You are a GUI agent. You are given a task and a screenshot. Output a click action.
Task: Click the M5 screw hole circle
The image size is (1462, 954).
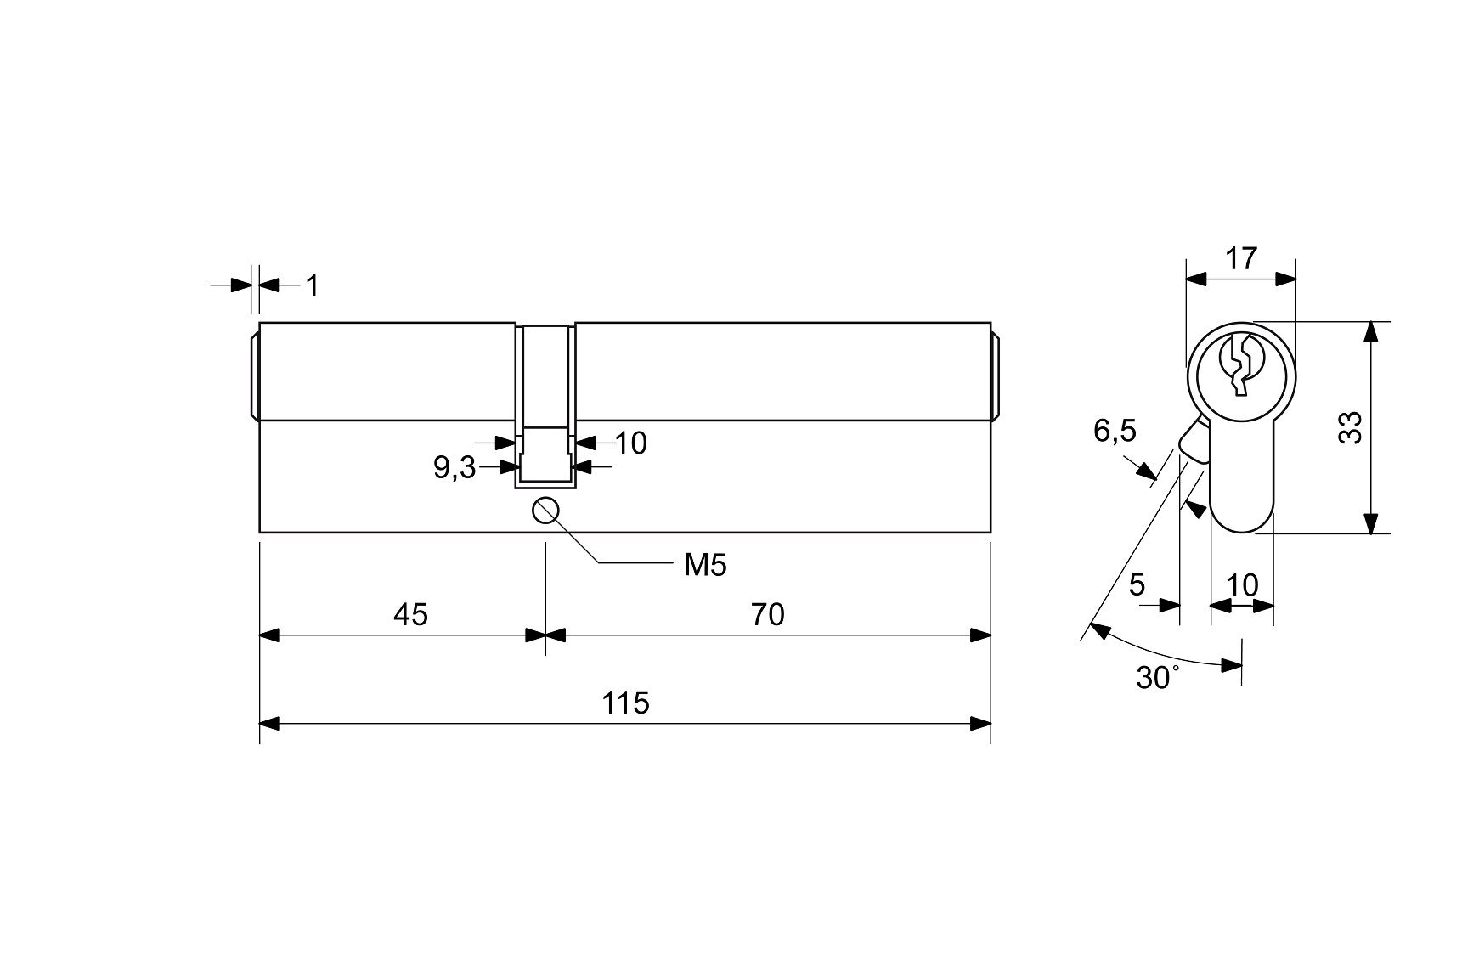pos(545,511)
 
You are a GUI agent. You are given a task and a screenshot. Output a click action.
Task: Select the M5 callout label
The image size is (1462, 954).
pos(705,565)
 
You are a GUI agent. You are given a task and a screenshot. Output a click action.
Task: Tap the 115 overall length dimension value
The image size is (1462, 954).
pos(625,703)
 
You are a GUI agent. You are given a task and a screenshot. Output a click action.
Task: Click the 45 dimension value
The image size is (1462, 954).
pos(410,614)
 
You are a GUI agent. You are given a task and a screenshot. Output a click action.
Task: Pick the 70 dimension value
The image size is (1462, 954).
pos(767,614)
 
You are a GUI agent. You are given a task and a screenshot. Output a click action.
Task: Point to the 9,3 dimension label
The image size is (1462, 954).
pos(454,467)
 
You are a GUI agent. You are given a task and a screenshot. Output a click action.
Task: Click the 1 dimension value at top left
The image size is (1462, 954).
pos(312,286)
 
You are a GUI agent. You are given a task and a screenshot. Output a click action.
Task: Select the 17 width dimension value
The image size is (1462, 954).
pos(1241,258)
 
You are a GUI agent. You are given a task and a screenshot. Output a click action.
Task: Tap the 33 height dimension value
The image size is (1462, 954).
pos(1349,427)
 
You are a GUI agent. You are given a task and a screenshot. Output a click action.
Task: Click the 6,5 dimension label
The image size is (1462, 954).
pos(1114,432)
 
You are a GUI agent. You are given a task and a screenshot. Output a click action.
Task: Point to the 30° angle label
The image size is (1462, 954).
pos(1157,677)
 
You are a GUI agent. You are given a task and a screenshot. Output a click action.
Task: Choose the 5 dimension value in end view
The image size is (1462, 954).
pos(1137,584)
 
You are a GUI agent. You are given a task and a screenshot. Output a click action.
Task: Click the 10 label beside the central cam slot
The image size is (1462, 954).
pos(630,443)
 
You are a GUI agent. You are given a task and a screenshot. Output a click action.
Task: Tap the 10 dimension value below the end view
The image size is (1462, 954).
pos(1242,584)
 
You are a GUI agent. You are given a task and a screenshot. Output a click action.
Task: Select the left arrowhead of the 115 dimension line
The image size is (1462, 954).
pos(270,724)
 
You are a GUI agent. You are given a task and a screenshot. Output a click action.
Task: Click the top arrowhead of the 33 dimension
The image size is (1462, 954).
pos(1370,332)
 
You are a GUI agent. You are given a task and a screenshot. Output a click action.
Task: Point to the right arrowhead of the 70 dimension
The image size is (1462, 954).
pos(980,635)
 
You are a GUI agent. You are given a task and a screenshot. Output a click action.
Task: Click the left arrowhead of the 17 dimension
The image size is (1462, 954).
pos(1196,279)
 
